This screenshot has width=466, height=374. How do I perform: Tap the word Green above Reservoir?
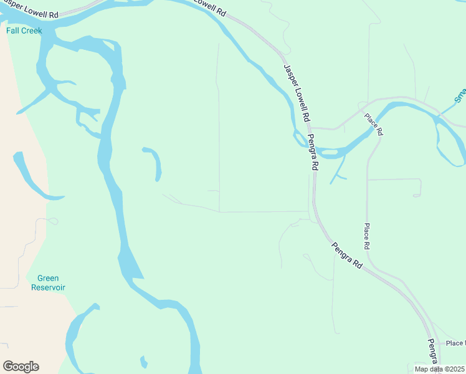48,279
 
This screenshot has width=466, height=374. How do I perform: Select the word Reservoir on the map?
48,287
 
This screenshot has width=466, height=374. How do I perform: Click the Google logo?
21,367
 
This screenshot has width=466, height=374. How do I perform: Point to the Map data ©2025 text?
440,369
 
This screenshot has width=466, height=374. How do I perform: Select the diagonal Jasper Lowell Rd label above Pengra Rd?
297,93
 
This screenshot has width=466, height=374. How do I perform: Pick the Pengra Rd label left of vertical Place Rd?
346,255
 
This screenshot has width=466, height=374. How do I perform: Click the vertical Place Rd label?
367,236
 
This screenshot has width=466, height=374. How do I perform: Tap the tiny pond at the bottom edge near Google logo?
143,362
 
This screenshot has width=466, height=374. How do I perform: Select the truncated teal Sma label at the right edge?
460,94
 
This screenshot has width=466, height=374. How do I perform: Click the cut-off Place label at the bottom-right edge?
455,343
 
